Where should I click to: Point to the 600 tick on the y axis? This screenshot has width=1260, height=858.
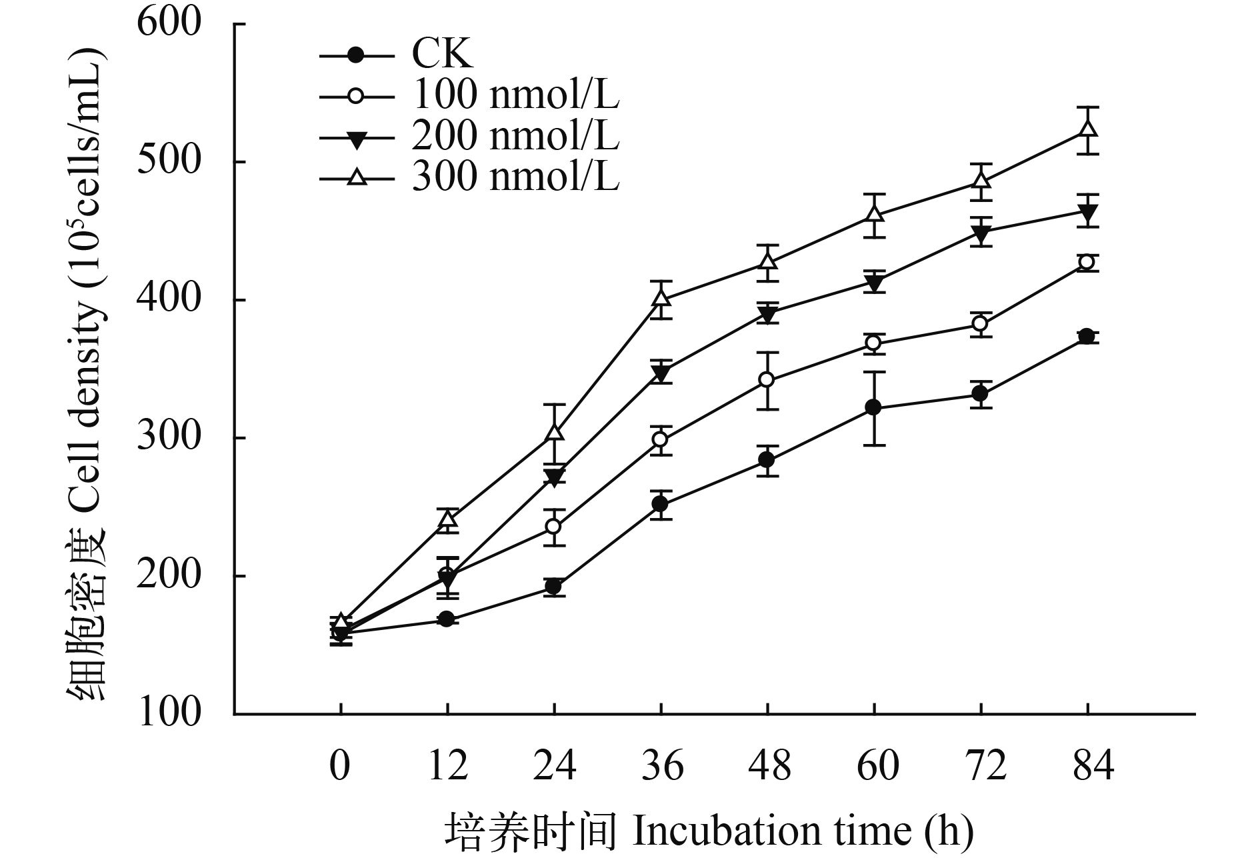coord(169,24)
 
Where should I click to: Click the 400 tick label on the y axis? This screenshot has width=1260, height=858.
coord(169,300)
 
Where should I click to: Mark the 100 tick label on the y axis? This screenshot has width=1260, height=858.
coord(169,713)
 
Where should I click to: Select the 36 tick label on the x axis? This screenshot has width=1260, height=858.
coord(661,766)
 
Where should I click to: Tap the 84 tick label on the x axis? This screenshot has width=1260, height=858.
coord(1088,766)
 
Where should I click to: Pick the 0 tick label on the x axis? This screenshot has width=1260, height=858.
coord(340,766)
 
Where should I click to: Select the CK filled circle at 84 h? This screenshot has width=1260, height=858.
coord(1088,337)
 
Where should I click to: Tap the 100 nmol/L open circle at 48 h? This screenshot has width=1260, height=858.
coord(767,380)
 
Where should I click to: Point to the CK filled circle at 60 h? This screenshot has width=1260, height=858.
coord(874,407)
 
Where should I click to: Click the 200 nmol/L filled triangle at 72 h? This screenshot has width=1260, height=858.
coord(981,233)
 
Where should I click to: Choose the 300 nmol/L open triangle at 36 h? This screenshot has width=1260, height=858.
coord(661,298)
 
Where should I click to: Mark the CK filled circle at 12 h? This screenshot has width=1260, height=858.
coord(447,619)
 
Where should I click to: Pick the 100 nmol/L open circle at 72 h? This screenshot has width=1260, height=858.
coord(981,324)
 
